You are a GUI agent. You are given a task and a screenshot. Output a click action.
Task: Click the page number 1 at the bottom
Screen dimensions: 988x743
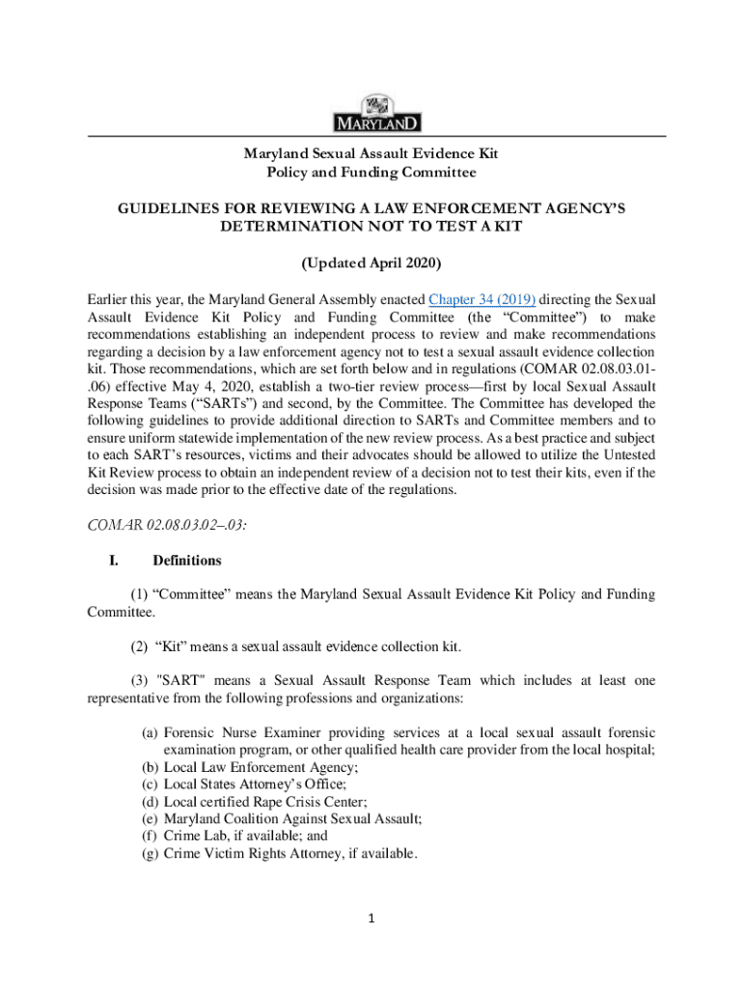point(372,918)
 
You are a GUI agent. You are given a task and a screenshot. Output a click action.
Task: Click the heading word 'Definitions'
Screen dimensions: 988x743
point(187,561)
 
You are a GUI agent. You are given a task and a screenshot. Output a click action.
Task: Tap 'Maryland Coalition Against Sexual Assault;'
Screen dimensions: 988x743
point(293,819)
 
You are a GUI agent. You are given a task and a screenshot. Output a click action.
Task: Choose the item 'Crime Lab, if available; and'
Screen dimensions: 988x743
point(246,837)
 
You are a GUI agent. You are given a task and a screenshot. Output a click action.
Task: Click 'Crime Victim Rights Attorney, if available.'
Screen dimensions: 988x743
point(290,854)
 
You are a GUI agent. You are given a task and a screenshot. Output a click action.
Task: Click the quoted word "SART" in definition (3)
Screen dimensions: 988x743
point(185,681)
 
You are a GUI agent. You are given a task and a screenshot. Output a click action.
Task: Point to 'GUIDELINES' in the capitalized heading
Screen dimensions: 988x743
point(171,208)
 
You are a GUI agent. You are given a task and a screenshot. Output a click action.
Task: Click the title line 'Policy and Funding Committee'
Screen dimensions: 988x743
point(371,173)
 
